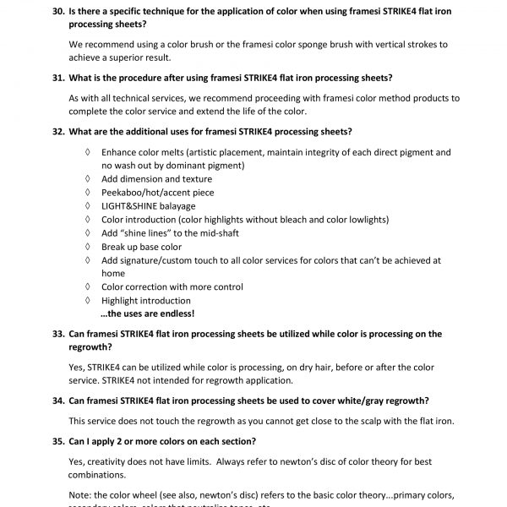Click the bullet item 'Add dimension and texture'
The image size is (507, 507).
[x=144, y=179]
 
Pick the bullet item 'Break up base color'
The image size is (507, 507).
[x=141, y=247]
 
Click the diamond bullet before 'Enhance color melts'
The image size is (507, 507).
[x=87, y=152]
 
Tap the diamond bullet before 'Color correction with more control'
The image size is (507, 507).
[x=87, y=286]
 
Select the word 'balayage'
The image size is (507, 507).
[x=176, y=206]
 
